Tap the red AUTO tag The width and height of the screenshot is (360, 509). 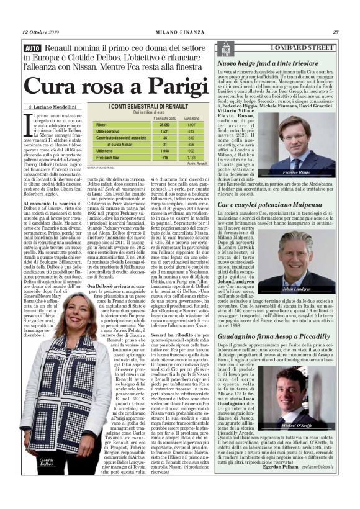pos(32,48)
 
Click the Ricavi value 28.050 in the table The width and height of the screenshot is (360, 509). pos(147,125)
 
